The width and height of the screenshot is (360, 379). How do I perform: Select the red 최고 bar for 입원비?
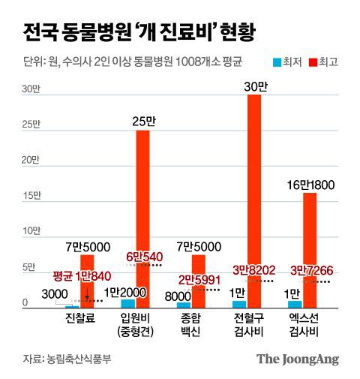tap(142, 218)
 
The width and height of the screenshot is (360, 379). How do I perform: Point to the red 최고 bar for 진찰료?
tap(87, 281)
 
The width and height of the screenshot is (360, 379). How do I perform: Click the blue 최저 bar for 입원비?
tap(127, 303)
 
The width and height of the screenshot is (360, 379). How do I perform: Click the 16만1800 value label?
tap(310, 185)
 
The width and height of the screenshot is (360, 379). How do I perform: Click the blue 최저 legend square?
tap(277, 62)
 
